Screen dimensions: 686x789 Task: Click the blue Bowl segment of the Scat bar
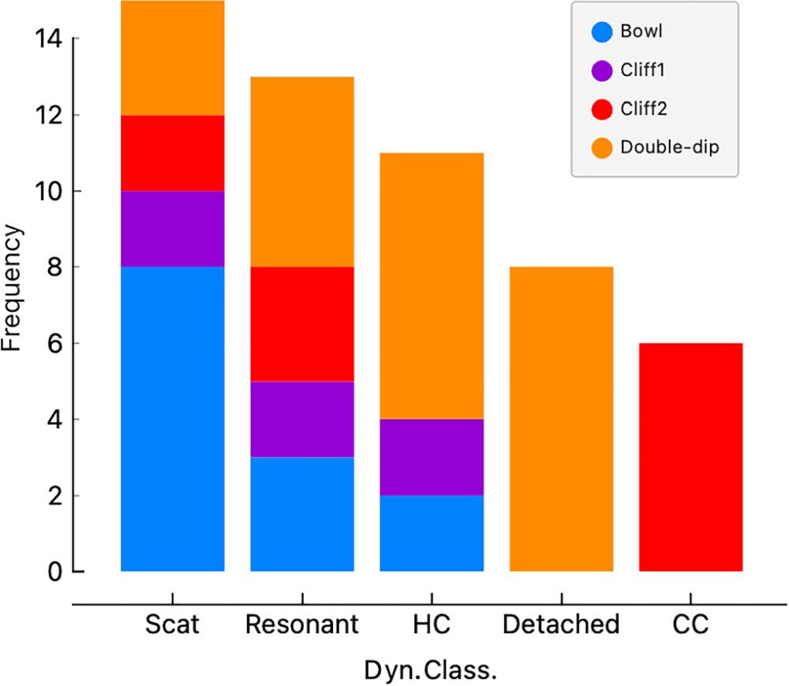pyautogui.click(x=172, y=418)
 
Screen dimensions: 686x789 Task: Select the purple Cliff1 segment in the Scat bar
pyautogui.click(x=172, y=229)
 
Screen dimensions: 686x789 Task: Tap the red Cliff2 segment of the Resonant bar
pyautogui.click(x=302, y=324)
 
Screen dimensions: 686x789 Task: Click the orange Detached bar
pyautogui.click(x=561, y=418)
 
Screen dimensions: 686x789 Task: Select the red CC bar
pyautogui.click(x=690, y=457)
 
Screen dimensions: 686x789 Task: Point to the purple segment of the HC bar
pyautogui.click(x=432, y=457)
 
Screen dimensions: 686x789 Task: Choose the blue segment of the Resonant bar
pyautogui.click(x=302, y=514)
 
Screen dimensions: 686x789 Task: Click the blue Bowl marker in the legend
pyautogui.click(x=603, y=32)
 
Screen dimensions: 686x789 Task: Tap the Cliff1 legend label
pyautogui.click(x=643, y=70)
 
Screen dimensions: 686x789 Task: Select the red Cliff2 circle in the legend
pyautogui.click(x=603, y=109)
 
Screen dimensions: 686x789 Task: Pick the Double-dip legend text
pyautogui.click(x=669, y=147)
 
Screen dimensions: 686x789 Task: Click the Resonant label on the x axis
pyautogui.click(x=302, y=625)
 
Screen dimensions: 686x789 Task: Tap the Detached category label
pyautogui.click(x=561, y=625)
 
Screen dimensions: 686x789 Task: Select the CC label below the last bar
pyautogui.click(x=690, y=625)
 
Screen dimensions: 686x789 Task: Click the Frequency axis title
pyautogui.click(x=13, y=288)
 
